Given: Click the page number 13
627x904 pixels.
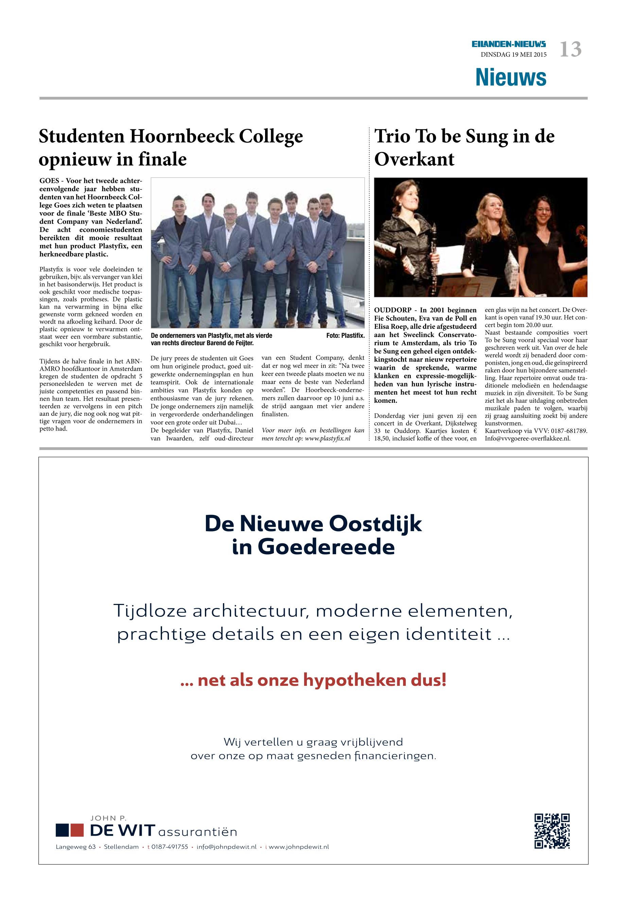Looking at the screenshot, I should click(x=571, y=50).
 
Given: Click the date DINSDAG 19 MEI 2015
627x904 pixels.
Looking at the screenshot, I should click(x=513, y=55).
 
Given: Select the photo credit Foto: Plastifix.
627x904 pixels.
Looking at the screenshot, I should click(x=345, y=335).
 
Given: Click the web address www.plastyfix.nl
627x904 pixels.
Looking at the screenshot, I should click(x=328, y=438).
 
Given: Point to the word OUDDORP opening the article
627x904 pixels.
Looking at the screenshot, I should click(x=393, y=310).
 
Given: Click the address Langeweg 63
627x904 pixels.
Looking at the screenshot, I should click(x=75, y=847).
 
